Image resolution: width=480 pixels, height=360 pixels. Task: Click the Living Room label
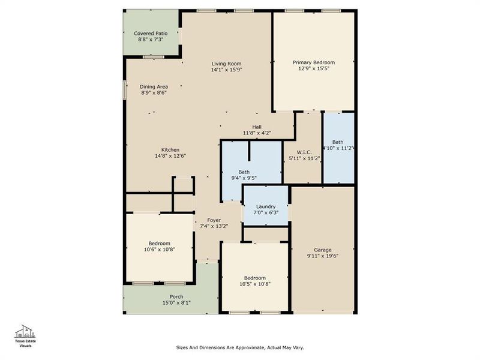pyautogui.click(x=226, y=64)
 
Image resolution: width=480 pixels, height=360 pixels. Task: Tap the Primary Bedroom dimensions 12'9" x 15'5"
pyautogui.click(x=313, y=70)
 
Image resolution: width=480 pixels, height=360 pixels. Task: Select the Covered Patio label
pyautogui.click(x=151, y=34)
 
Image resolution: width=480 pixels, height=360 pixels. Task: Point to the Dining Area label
pyautogui.click(x=154, y=86)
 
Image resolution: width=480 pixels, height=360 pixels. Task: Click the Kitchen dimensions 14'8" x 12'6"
pyautogui.click(x=170, y=157)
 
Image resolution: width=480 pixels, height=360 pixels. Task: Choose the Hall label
pyautogui.click(x=257, y=126)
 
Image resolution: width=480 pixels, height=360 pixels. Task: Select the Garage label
pyautogui.click(x=323, y=250)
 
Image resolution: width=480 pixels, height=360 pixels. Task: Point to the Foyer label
pyautogui.click(x=213, y=220)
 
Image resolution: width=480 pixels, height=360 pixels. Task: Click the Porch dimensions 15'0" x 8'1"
pyautogui.click(x=176, y=303)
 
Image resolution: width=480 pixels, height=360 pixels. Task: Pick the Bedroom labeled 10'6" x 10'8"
pyautogui.click(x=160, y=243)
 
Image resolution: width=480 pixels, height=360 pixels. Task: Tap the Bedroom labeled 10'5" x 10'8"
pyautogui.click(x=255, y=278)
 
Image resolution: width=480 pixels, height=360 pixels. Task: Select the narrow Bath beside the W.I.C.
pyautogui.click(x=338, y=142)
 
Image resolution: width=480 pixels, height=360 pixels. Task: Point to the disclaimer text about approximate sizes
pyautogui.click(x=244, y=347)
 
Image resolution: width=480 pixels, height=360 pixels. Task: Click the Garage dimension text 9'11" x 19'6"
pyautogui.click(x=323, y=256)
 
